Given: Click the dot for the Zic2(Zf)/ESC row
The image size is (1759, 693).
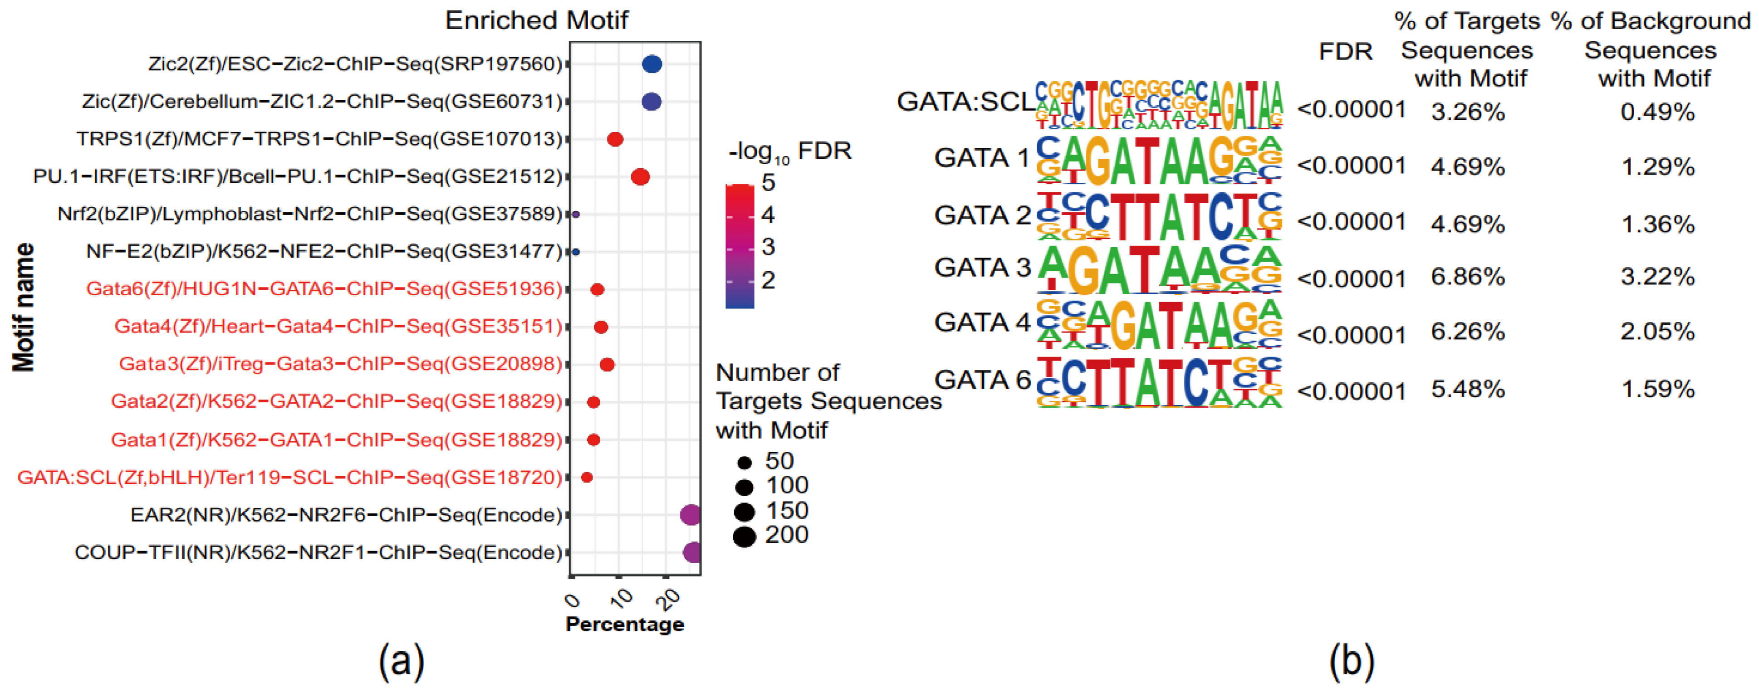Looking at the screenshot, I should point(652,64).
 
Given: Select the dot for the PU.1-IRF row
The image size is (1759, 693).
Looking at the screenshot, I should point(640,177).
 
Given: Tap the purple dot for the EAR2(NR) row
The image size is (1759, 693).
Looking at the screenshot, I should point(691,515).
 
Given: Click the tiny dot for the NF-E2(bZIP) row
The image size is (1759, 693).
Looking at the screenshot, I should point(576,252).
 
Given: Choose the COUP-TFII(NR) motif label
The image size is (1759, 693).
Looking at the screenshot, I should point(318,552).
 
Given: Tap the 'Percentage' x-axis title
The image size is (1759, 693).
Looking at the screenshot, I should point(624,624).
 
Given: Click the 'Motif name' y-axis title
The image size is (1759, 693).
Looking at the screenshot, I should point(24,307).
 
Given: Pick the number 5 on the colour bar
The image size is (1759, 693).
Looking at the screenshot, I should point(768,182).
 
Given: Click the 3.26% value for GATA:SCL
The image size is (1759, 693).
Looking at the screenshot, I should point(1467,111).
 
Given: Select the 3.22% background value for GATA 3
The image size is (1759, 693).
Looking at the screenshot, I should point(1657,277).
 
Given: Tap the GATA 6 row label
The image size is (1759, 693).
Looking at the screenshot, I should point(982,380).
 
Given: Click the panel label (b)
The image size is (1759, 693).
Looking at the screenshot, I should point(1351,661).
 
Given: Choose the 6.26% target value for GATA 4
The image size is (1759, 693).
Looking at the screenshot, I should point(1467,332).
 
